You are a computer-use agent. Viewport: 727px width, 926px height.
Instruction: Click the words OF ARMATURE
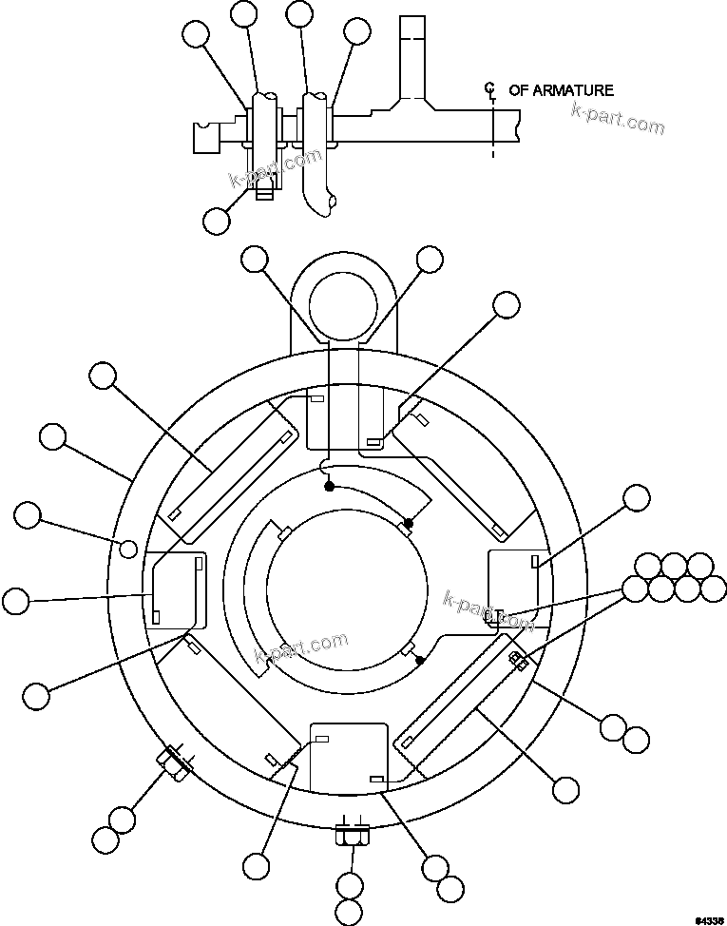click(561, 90)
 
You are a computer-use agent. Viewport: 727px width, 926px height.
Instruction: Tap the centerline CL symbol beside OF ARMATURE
click(490, 92)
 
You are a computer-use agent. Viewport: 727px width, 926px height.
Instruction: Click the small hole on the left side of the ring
click(128, 547)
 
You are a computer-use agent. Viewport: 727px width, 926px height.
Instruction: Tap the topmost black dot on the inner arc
click(329, 486)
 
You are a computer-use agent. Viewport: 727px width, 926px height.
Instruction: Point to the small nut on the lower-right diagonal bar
click(519, 660)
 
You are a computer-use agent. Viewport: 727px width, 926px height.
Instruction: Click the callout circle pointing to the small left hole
click(29, 516)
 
